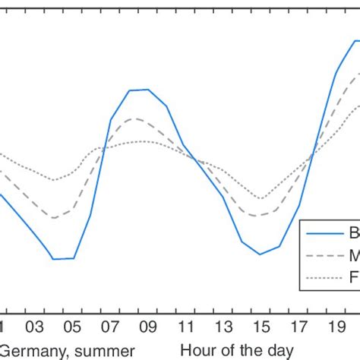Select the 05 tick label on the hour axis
pyautogui.click(x=73, y=327)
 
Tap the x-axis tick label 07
pyautogui.click(x=111, y=327)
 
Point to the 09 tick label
pyautogui.click(x=148, y=327)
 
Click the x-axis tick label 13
pyautogui.click(x=223, y=327)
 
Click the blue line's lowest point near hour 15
pyautogui.click(x=261, y=254)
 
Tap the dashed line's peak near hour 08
pyautogui.click(x=134, y=118)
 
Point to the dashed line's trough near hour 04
pyautogui.click(x=55, y=218)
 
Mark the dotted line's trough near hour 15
pyautogui.click(x=261, y=199)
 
